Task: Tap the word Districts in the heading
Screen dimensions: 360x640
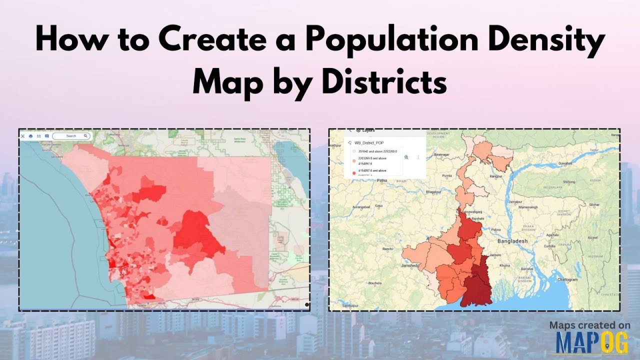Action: coord(384,83)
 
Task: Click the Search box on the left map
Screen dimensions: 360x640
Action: coord(71,136)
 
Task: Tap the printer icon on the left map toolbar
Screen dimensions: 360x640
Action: coord(31,136)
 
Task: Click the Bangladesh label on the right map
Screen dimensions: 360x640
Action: coord(512,241)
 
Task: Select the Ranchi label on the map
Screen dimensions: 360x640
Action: coord(387,248)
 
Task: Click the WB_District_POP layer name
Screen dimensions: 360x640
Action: coord(369,142)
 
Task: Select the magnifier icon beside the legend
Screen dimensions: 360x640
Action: coord(406,156)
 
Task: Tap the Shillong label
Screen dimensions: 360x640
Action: coord(569,182)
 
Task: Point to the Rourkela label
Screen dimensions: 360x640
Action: coord(375,283)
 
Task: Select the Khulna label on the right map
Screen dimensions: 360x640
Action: coord(504,265)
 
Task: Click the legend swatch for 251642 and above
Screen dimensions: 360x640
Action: coord(354,151)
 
